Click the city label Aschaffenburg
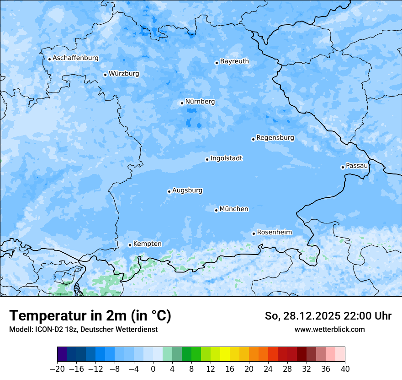click(x=75, y=58)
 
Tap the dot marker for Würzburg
click(x=105, y=75)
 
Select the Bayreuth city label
click(x=234, y=61)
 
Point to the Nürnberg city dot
click(x=182, y=103)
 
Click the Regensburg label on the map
click(x=275, y=138)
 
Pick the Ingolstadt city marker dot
click(x=207, y=160)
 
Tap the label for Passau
click(x=356, y=166)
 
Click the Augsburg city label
click(x=187, y=190)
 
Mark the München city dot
click(x=216, y=211)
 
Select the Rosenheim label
click(x=274, y=233)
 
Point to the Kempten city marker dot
click(x=130, y=245)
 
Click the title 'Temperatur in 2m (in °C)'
click(x=90, y=316)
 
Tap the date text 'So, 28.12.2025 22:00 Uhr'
click(x=328, y=316)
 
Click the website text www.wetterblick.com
click(x=329, y=329)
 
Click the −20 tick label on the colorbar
click(x=57, y=369)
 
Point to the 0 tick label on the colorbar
click(x=153, y=369)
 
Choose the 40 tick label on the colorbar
click(x=345, y=369)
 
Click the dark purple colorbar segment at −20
click(x=62, y=354)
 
